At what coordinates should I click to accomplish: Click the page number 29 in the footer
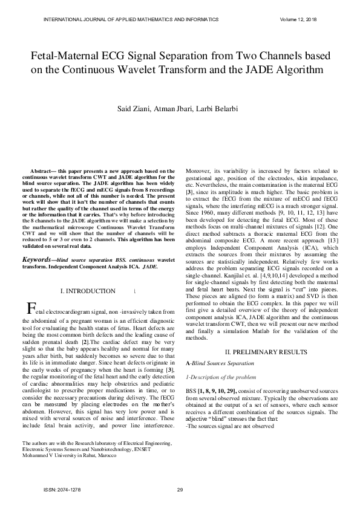coord(180,490)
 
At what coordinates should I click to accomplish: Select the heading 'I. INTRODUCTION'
coord(88,291)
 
